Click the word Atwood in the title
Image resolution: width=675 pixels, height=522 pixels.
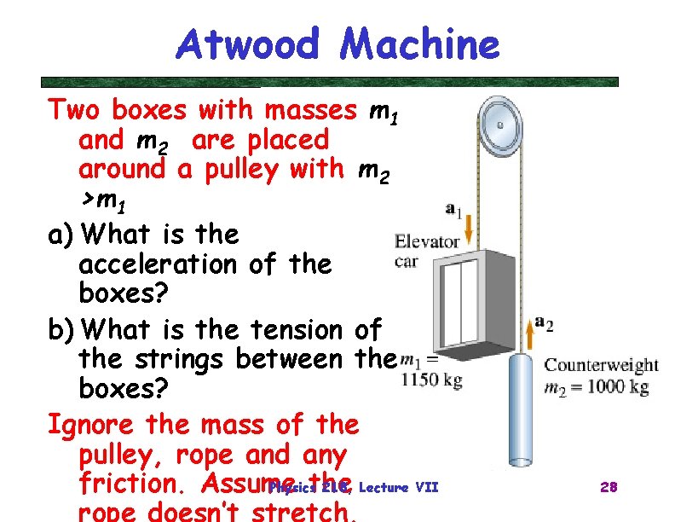[x=246, y=44]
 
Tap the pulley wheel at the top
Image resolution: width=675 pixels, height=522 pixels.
[x=499, y=125]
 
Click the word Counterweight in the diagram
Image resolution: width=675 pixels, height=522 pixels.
[x=601, y=365]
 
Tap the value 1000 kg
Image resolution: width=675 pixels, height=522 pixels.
[x=613, y=386]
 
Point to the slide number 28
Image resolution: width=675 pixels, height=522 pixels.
[x=609, y=487]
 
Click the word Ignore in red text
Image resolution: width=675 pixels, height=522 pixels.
[x=93, y=423]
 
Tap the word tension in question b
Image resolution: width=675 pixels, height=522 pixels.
[x=295, y=328]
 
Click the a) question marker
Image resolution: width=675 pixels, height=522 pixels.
[x=63, y=234]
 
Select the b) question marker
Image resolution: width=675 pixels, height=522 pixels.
[x=63, y=328]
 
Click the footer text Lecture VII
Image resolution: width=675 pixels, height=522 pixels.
[x=399, y=488]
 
